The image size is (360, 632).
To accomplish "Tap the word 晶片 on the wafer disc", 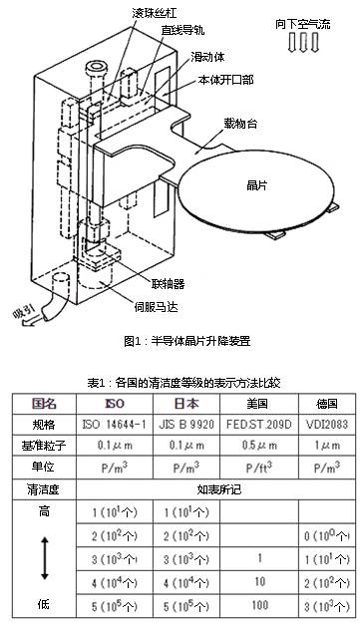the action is (x=257, y=185).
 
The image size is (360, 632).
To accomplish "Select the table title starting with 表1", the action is (x=180, y=383).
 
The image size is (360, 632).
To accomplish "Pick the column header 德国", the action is (x=324, y=403).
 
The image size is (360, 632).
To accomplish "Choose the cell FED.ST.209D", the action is (x=262, y=424).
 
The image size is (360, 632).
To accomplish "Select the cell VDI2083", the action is (x=324, y=424).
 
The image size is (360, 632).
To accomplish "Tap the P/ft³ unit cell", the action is (x=262, y=467).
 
